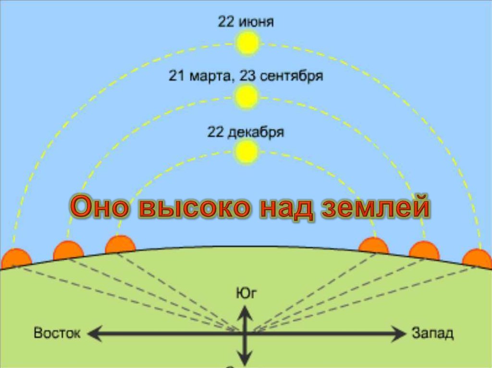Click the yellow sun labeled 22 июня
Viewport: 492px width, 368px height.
(247, 44)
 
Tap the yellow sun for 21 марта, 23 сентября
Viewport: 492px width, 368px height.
(247, 97)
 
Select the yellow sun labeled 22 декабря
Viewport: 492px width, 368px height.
(247, 152)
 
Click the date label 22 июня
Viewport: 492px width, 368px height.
(246, 22)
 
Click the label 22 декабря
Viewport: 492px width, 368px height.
(246, 132)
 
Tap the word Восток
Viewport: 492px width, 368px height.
(57, 333)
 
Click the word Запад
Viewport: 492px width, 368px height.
(432, 333)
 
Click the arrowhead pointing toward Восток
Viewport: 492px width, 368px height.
(94, 333)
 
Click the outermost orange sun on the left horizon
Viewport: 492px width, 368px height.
(16, 259)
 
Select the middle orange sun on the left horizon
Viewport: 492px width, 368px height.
(68, 250)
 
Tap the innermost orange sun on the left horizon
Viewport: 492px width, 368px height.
(120, 245)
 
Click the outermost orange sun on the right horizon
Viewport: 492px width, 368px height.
(477, 259)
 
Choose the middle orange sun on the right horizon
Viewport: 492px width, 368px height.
(424, 250)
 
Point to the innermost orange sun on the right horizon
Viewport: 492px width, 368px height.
(373, 246)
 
